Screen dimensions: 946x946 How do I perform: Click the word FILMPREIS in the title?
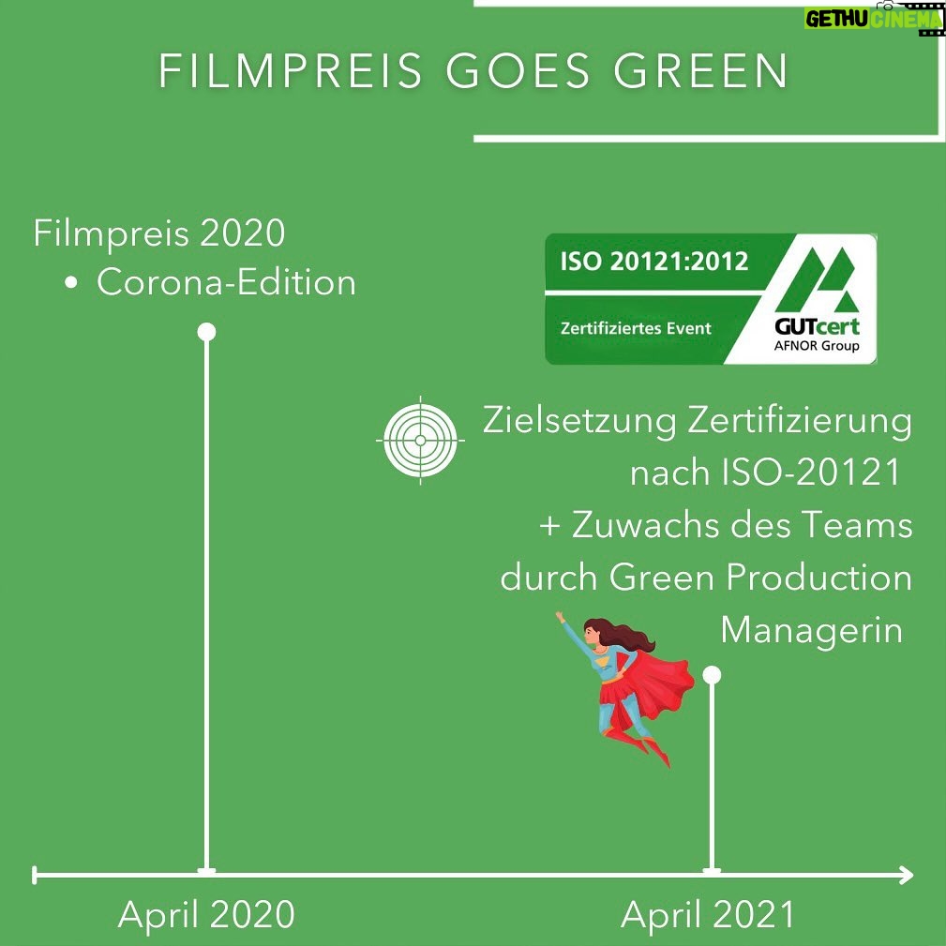coord(291,71)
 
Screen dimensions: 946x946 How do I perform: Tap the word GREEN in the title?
coord(701,71)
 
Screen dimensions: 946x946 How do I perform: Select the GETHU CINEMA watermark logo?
coord(874,18)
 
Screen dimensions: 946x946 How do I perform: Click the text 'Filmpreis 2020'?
coord(159,233)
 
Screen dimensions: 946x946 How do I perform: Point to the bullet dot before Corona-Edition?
coord(71,282)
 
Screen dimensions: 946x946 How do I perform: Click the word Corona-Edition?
coord(226,282)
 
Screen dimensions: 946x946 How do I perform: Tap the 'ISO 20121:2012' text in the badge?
coord(654,262)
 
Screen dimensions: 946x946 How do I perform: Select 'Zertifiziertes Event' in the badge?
coord(636,328)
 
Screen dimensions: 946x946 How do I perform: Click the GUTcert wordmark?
coord(817,326)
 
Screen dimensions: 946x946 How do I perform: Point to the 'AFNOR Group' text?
coord(817,346)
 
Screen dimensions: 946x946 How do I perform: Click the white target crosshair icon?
coord(421,441)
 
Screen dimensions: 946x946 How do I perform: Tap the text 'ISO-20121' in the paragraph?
coord(811,473)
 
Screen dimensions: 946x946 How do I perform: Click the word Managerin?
coord(812,631)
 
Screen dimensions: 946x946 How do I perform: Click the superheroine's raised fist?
coord(560,617)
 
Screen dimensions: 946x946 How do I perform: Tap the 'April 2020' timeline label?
coord(206,915)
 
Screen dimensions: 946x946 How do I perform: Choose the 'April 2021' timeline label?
coord(707,915)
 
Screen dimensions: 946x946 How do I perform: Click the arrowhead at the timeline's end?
coord(905,875)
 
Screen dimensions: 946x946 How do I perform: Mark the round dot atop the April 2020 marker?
coord(206,332)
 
